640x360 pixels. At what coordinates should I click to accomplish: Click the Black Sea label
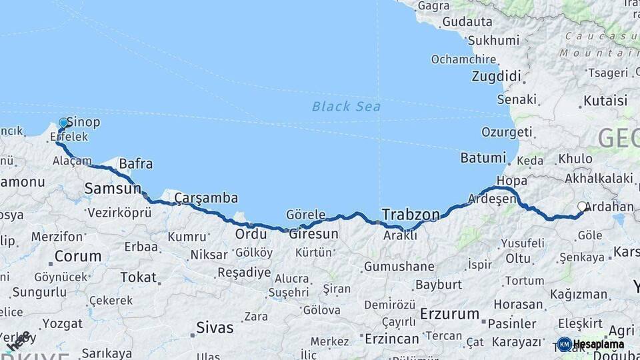(x=346, y=106)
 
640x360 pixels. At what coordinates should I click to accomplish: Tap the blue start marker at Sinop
(x=64, y=123)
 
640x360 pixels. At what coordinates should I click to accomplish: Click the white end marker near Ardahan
(x=582, y=207)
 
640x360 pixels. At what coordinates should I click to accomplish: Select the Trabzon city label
(x=411, y=215)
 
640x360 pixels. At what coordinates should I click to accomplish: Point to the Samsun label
(x=113, y=189)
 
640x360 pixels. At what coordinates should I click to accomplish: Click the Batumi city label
(x=483, y=158)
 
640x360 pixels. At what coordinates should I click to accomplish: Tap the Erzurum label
(x=449, y=313)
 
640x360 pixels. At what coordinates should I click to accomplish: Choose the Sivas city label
(x=215, y=327)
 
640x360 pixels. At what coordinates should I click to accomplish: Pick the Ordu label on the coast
(x=251, y=234)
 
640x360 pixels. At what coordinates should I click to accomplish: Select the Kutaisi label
(x=605, y=101)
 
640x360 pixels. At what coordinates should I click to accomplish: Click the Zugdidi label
(x=496, y=76)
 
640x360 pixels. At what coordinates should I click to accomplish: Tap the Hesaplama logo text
(x=598, y=344)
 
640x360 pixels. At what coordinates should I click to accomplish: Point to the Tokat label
(x=138, y=277)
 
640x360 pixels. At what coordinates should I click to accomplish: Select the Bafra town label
(x=135, y=163)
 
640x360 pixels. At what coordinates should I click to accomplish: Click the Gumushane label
(x=399, y=267)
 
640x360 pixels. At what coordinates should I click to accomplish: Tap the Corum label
(x=77, y=256)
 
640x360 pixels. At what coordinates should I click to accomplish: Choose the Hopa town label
(x=511, y=181)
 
